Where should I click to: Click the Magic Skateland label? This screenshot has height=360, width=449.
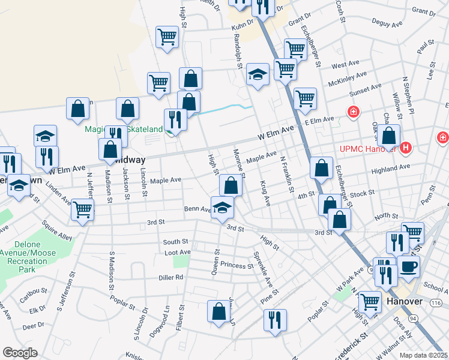pos(124,130)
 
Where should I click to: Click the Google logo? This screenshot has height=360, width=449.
pos(20,353)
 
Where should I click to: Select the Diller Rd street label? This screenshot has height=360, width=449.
pos(170,277)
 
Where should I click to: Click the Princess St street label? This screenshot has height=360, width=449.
pos(237,265)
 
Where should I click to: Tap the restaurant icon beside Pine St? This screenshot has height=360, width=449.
pos(276,320)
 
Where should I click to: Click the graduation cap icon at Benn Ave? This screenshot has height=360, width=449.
pos(222,207)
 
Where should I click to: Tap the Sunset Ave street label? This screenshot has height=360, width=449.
pos(366,88)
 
